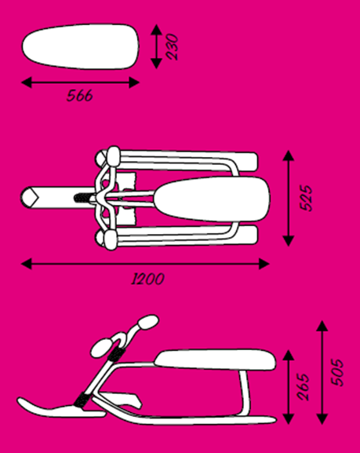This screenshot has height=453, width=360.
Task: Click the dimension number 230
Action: (x=173, y=47)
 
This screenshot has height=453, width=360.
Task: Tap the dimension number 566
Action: (x=80, y=96)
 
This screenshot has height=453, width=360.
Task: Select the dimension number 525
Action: (x=307, y=198)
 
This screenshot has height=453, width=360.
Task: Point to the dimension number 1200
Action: (x=147, y=279)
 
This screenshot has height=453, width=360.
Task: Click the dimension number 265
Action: (x=303, y=387)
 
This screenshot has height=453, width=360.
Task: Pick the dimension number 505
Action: (x=337, y=373)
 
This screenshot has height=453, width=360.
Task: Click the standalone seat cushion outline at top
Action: (x=81, y=46)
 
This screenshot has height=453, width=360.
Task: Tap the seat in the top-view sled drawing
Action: (x=212, y=199)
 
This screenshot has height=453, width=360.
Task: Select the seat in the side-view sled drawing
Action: (x=216, y=360)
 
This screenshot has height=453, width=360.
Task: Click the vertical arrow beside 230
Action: (x=157, y=46)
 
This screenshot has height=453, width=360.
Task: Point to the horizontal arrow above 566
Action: (x=80, y=82)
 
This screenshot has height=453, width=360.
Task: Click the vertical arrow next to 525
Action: (x=289, y=198)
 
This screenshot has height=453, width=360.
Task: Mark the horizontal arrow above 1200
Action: (x=145, y=264)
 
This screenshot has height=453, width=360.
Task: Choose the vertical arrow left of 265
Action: (x=289, y=387)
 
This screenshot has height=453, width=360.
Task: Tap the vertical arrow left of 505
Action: (x=322, y=372)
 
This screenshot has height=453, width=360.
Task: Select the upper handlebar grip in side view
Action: (x=148, y=322)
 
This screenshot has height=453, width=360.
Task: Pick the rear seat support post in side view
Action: (x=245, y=393)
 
